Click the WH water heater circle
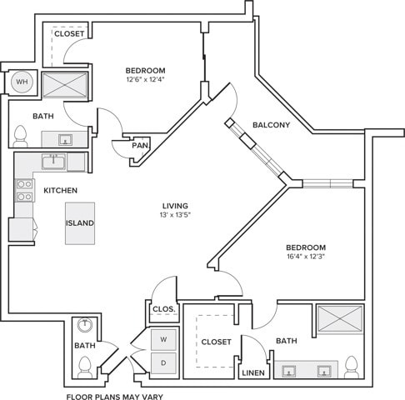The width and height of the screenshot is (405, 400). click(x=22, y=82)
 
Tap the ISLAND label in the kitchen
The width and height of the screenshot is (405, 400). click(x=80, y=223)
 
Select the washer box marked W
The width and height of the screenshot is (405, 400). click(x=163, y=339)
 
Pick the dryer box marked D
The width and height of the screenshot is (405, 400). click(x=163, y=362)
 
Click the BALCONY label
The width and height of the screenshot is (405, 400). click(x=271, y=125)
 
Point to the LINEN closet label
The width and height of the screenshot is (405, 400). click(x=253, y=372)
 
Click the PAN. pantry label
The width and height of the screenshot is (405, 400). click(x=141, y=145)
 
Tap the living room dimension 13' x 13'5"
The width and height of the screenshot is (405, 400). click(x=175, y=214)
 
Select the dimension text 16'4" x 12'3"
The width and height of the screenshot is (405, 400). click(x=306, y=257)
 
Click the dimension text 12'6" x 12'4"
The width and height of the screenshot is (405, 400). click(x=146, y=79)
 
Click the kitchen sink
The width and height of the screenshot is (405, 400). click(x=54, y=162)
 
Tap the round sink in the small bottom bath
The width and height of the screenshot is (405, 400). click(x=85, y=325)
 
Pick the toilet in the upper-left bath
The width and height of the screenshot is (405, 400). click(x=21, y=136)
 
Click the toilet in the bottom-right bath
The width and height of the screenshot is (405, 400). click(x=352, y=367)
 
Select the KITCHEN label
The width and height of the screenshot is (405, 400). click(x=61, y=191)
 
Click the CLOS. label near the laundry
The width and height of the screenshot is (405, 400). click(x=164, y=309)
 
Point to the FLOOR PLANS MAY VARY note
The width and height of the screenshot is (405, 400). click(x=115, y=397)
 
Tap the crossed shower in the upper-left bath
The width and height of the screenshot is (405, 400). click(x=65, y=85)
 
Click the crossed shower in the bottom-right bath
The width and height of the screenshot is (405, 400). click(x=341, y=319)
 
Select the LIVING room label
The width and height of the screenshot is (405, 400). click(x=175, y=206)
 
